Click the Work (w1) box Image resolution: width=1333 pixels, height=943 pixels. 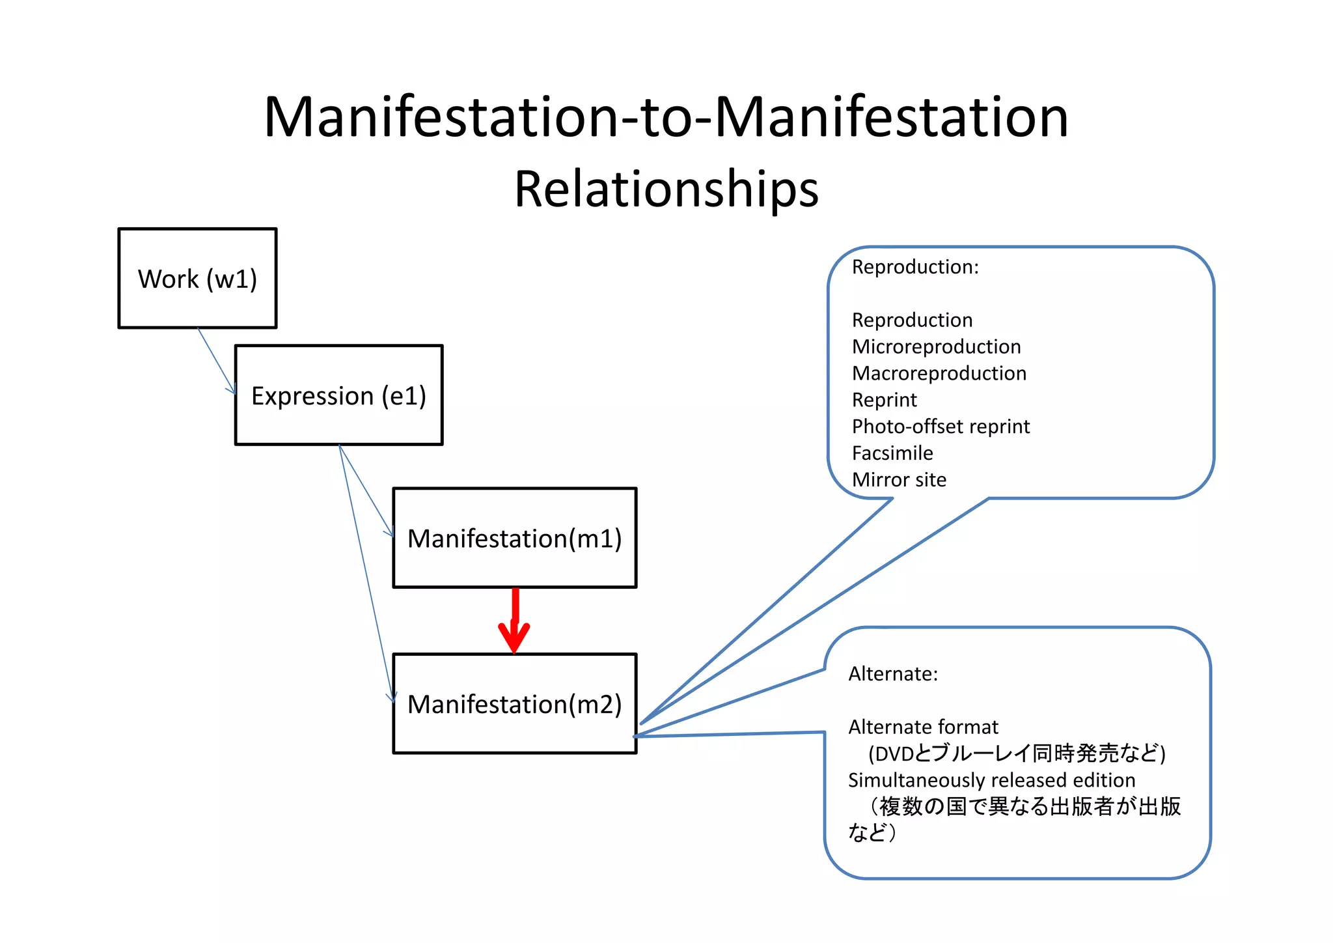[x=197, y=278]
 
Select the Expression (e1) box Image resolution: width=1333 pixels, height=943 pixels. [x=338, y=395]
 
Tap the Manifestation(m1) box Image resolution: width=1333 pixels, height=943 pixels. [x=514, y=538]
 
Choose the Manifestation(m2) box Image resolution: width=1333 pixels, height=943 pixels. [x=514, y=704]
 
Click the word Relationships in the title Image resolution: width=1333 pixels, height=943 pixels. [x=666, y=189]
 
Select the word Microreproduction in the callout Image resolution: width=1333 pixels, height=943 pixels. [x=936, y=346]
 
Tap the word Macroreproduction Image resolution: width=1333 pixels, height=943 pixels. [x=939, y=373]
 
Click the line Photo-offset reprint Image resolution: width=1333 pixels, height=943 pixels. [x=941, y=427]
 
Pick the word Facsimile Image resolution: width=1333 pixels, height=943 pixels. [x=892, y=453]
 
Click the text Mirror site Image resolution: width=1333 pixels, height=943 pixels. [x=899, y=480]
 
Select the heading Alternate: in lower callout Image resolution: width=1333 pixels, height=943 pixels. [x=892, y=673]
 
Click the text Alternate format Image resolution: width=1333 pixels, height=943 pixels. [x=923, y=727]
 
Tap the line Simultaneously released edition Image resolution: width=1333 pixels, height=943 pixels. [x=991, y=780]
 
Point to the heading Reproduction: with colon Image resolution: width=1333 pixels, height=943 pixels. [x=915, y=267]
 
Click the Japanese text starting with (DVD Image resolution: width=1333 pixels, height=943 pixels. [x=1016, y=753]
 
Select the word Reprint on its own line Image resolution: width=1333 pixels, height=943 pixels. [x=884, y=400]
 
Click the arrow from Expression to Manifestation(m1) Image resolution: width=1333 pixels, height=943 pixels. [x=366, y=490]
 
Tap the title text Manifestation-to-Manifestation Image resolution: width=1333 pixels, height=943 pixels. [x=666, y=117]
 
